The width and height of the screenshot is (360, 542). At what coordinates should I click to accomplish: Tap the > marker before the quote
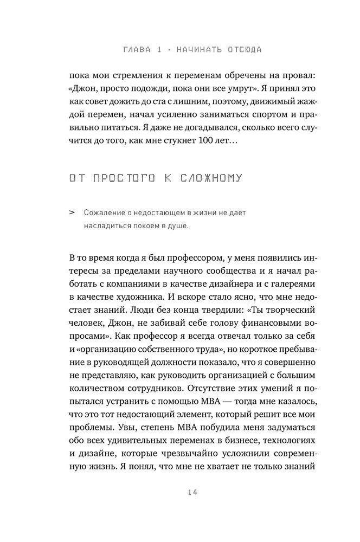click(72, 213)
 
